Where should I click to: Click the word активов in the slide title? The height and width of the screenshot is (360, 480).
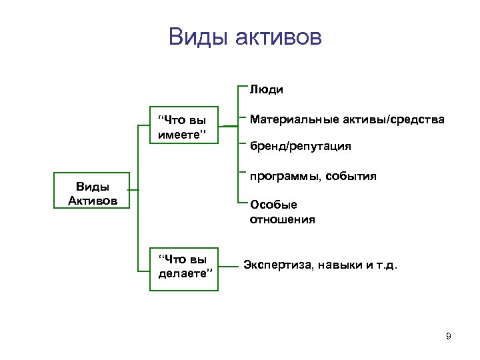tap(278, 37)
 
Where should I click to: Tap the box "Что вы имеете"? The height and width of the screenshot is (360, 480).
tap(183, 127)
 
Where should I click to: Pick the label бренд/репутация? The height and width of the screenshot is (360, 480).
tap(300, 145)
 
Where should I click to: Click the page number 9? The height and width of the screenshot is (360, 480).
tap(448, 336)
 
